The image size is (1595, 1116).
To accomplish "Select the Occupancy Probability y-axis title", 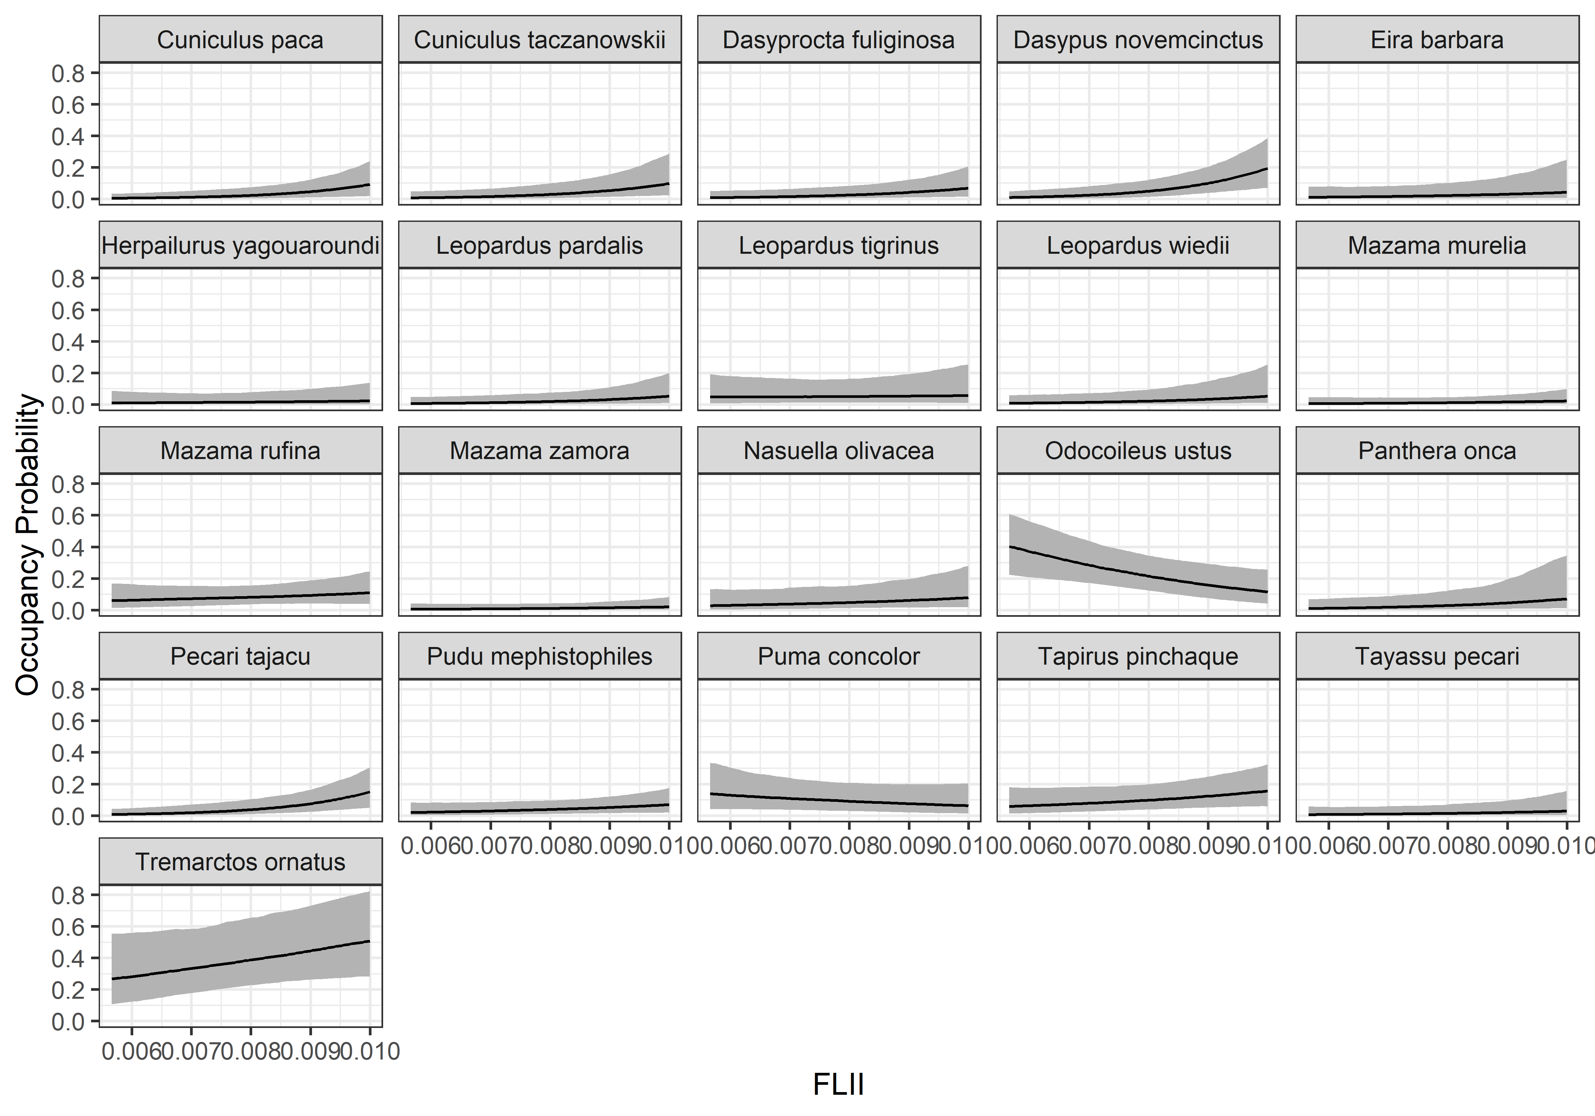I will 28,545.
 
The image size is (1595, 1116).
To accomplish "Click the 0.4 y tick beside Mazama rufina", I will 68,548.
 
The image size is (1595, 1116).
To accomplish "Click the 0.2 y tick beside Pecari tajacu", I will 68,785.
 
